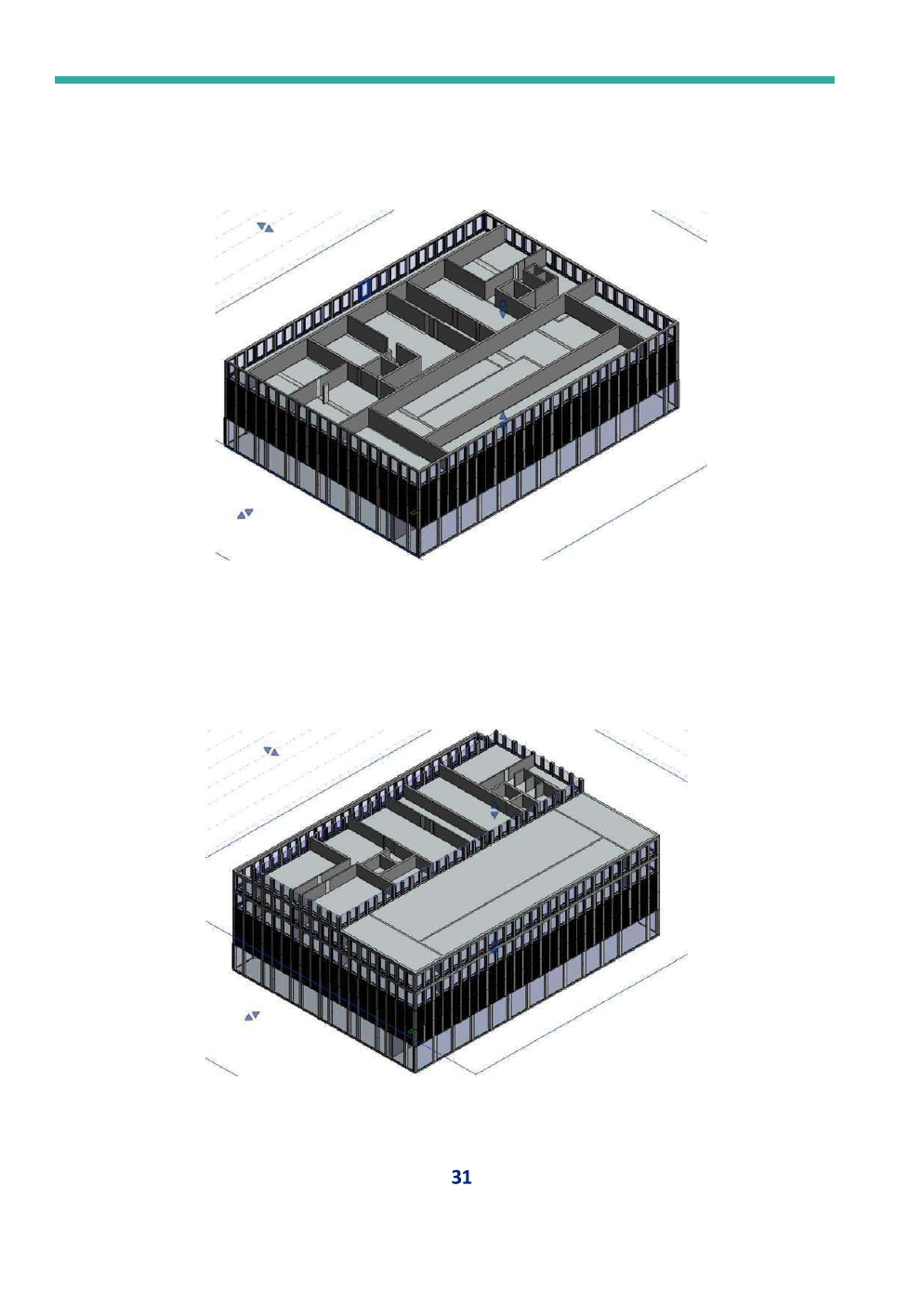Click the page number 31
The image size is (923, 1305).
click(461, 1178)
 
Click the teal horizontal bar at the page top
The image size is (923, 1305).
click(444, 80)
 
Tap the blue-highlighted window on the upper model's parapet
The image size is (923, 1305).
click(365, 289)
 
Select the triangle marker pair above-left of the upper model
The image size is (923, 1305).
click(265, 227)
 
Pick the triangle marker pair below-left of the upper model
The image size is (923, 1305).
click(245, 513)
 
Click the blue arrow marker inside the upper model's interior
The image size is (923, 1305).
click(504, 309)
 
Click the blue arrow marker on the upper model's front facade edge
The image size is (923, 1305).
click(504, 419)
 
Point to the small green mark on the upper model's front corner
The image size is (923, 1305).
click(415, 512)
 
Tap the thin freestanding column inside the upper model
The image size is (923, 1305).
click(324, 392)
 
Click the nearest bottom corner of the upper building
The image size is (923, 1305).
click(419, 557)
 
